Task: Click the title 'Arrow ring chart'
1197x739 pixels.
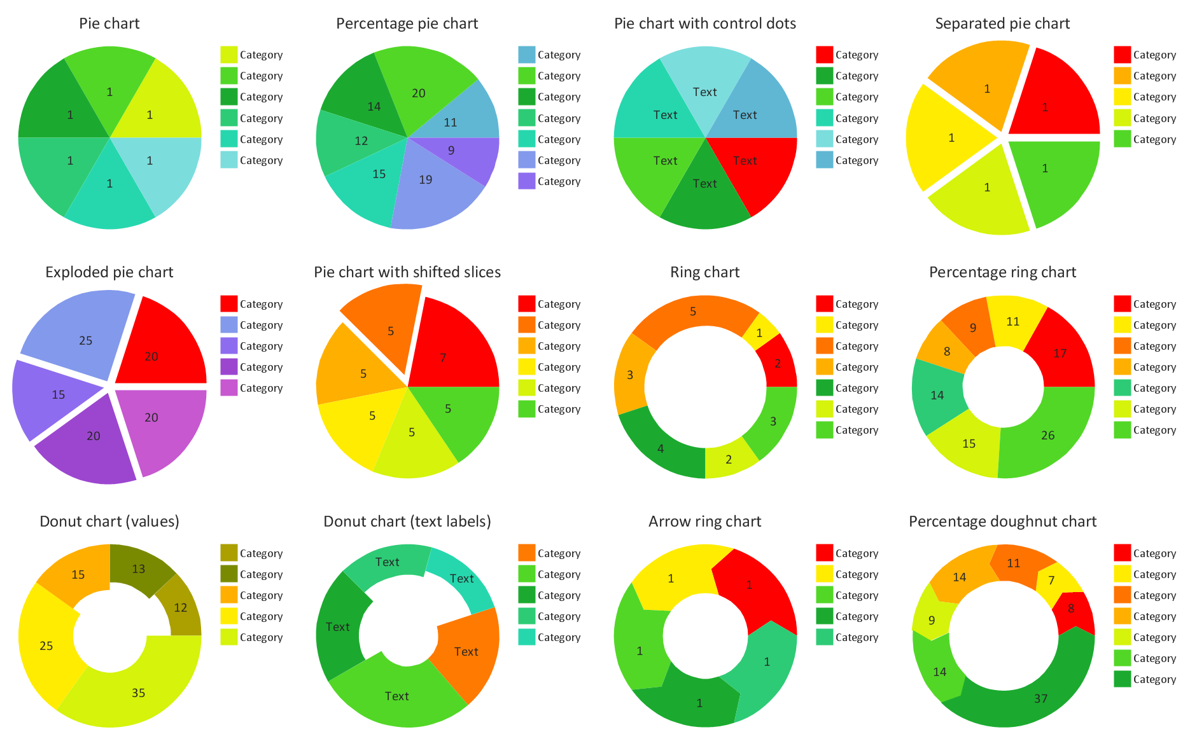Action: coord(704,521)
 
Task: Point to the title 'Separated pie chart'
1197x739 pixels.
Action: coord(1002,24)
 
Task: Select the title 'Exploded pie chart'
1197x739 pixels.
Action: coord(109,272)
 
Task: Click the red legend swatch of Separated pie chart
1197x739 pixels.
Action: coord(1122,55)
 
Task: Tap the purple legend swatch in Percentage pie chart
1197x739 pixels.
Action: coord(526,181)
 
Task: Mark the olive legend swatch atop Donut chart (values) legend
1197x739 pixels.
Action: coord(229,553)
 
